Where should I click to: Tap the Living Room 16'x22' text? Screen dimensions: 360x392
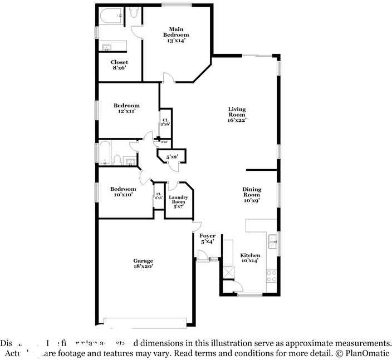tap(237, 115)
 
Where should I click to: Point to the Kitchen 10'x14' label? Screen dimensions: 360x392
tap(250, 259)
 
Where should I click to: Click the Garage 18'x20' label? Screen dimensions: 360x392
tap(143, 264)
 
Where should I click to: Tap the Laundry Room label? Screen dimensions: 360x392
tap(178, 202)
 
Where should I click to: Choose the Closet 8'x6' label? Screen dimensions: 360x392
tap(119, 65)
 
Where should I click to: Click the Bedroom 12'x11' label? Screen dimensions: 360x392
tap(126, 108)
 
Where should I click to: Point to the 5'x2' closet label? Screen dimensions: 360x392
tap(172, 157)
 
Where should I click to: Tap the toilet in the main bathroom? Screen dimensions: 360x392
tap(134, 12)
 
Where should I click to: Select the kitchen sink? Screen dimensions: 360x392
tap(272, 242)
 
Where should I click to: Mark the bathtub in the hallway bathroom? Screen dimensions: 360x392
tap(105, 154)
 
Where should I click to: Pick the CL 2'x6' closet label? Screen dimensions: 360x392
tap(165, 122)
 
